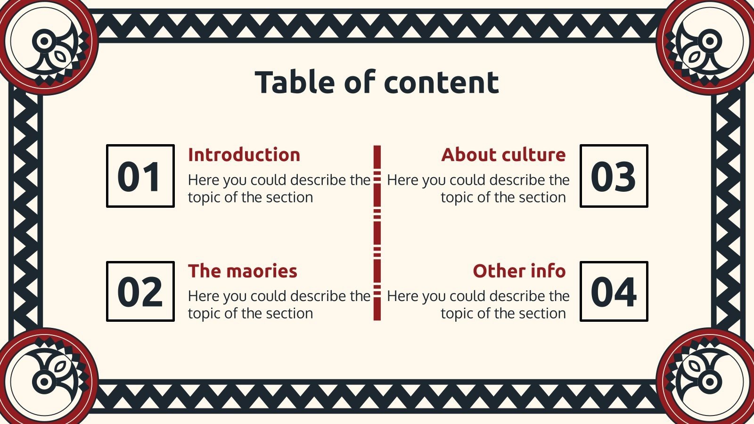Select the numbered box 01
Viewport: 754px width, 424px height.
pos(140,176)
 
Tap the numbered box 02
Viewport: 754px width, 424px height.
pos(140,292)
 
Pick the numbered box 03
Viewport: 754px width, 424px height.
pos(614,176)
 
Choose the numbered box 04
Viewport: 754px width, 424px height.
pos(614,292)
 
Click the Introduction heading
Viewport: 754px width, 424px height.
pos(244,155)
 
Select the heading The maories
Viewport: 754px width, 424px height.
pos(243,271)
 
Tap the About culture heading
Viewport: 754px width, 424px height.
pos(503,155)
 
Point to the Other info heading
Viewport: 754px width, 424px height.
pos(519,271)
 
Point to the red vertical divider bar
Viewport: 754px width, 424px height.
pos(377,233)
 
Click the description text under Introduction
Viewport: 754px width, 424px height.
pos(279,188)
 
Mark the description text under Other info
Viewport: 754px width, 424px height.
pos(478,305)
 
